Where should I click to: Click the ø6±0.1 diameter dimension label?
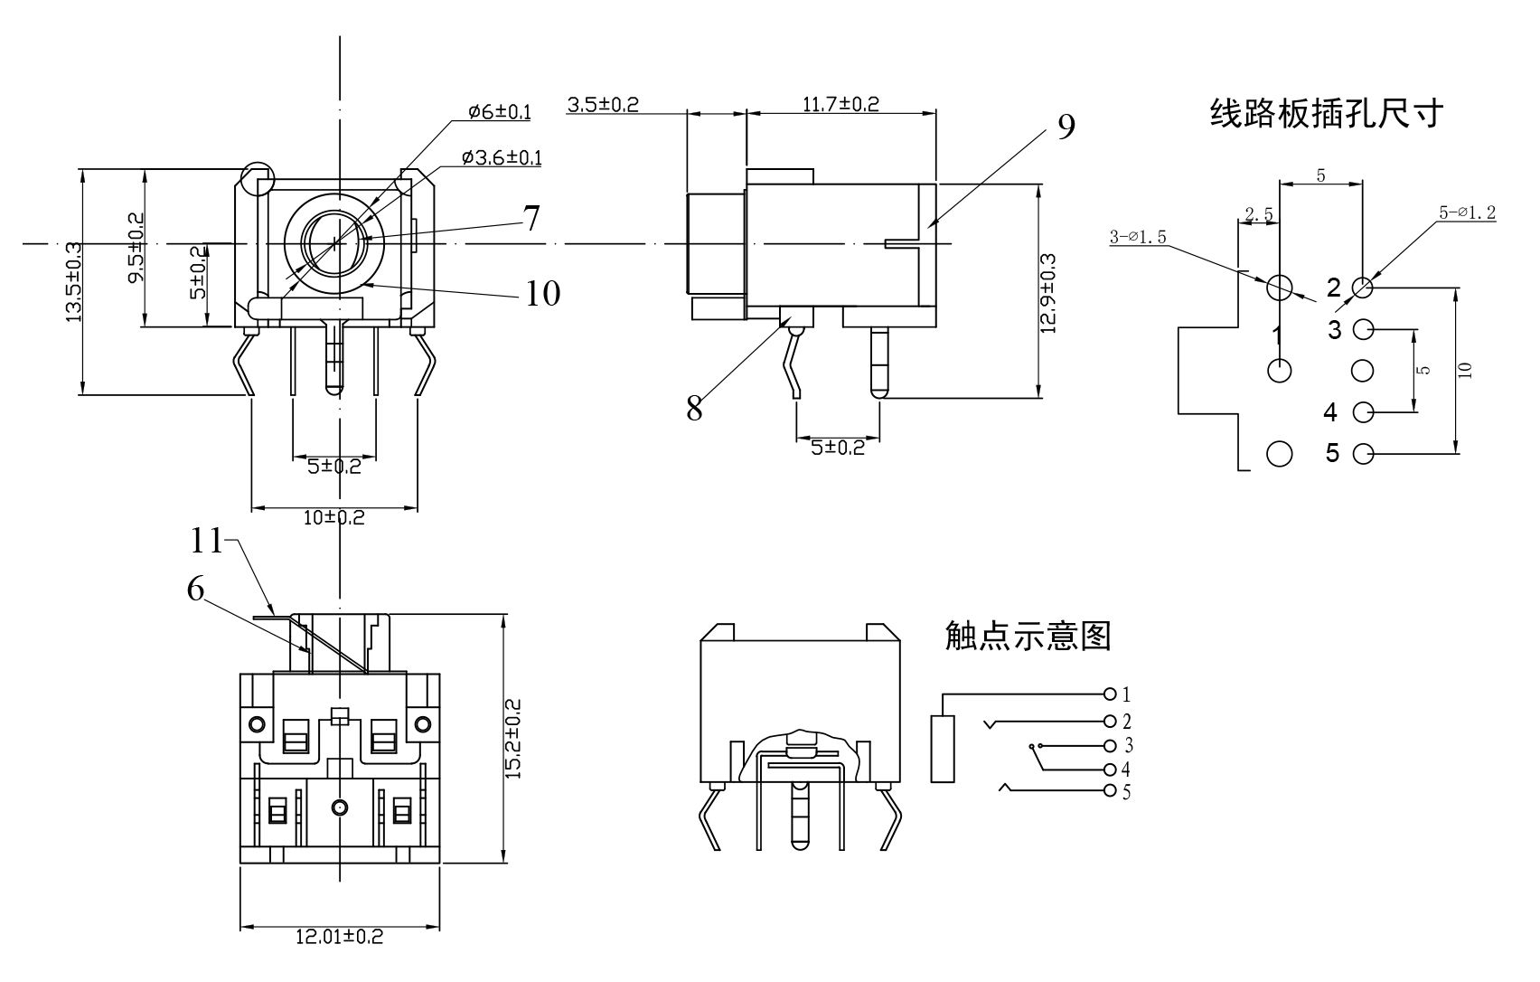499,112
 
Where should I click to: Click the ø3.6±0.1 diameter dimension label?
502,158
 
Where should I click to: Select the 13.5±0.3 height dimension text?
73,281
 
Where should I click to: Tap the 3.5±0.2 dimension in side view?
603,104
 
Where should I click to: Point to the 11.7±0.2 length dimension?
840,104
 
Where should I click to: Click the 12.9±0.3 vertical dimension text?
1048,293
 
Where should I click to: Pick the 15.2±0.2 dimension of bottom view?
513,738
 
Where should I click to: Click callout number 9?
1066,127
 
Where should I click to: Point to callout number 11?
207,541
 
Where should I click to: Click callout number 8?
694,409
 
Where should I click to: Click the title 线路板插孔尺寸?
1327,114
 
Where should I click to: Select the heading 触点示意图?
1028,636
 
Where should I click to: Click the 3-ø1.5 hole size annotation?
1138,237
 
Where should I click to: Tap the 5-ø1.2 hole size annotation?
1467,213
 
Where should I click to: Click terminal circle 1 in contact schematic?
1111,694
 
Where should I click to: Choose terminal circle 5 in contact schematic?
1111,792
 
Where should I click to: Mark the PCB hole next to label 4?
1363,412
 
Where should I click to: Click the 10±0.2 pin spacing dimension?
333,518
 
